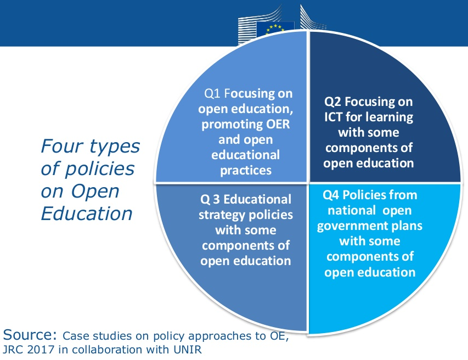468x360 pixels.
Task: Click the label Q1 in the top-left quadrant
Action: tap(212, 93)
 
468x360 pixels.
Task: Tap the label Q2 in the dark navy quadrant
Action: tap(332, 102)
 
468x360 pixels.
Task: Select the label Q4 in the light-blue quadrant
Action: tap(331, 195)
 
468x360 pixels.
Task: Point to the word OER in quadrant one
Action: tap(278, 124)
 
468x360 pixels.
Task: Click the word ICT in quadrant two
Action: tap(334, 117)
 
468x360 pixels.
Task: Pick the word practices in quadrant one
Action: tap(246, 171)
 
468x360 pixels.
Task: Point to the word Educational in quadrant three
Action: tap(257, 199)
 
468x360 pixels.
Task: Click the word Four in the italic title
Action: tap(62, 146)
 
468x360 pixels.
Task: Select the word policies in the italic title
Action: tap(100, 169)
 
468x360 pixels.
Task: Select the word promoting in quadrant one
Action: tap(232, 125)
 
